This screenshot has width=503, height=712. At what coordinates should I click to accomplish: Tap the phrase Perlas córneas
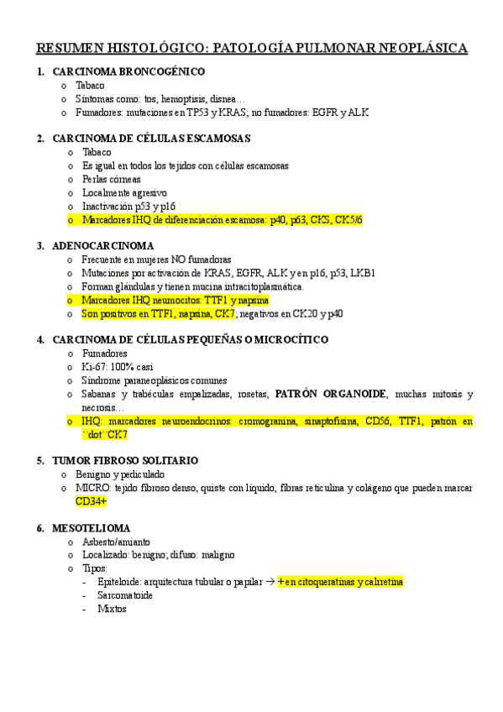click(x=111, y=179)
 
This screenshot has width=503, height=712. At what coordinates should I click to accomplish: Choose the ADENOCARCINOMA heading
click(x=102, y=246)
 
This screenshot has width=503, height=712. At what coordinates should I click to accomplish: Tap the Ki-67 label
click(x=94, y=367)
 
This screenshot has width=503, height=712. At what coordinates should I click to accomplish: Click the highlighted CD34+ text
click(x=91, y=500)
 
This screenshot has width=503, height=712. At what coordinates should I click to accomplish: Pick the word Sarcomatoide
click(x=124, y=594)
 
